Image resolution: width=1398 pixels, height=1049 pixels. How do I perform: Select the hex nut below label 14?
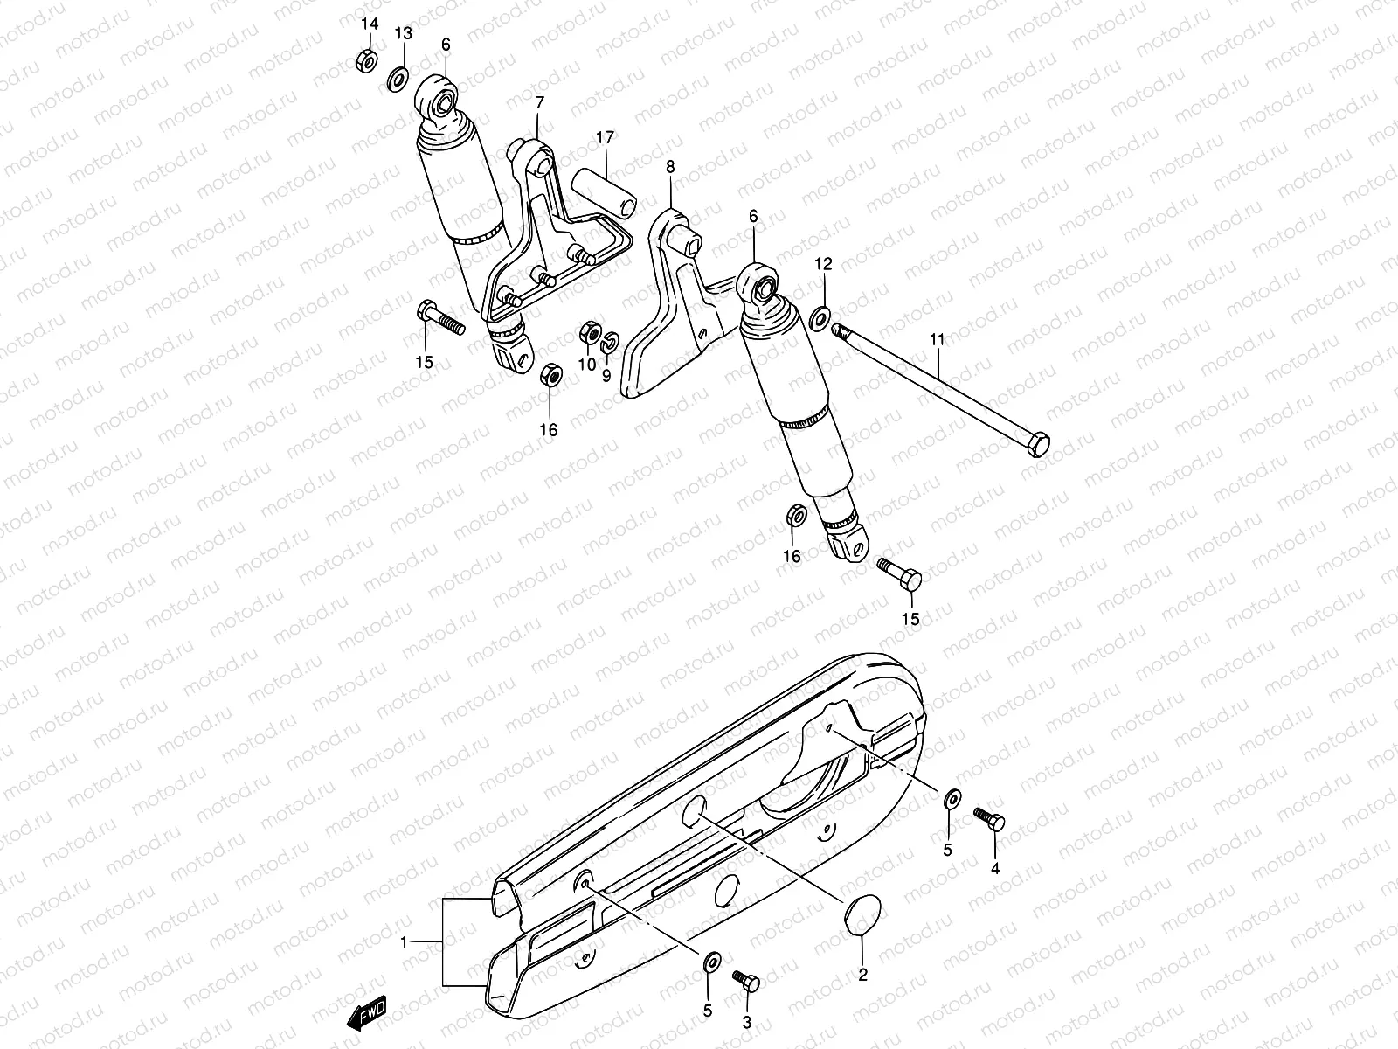[367, 60]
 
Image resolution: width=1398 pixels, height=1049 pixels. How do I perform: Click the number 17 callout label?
[605, 136]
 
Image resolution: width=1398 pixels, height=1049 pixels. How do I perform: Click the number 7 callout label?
[538, 104]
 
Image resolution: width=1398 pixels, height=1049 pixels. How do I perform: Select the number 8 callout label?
[670, 165]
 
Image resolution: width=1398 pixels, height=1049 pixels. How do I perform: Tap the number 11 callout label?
[937, 339]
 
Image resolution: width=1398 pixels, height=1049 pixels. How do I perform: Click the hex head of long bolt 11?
[1036, 445]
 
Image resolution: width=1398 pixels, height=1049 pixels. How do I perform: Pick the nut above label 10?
[589, 334]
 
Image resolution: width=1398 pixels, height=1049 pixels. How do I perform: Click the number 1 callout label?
[404, 941]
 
